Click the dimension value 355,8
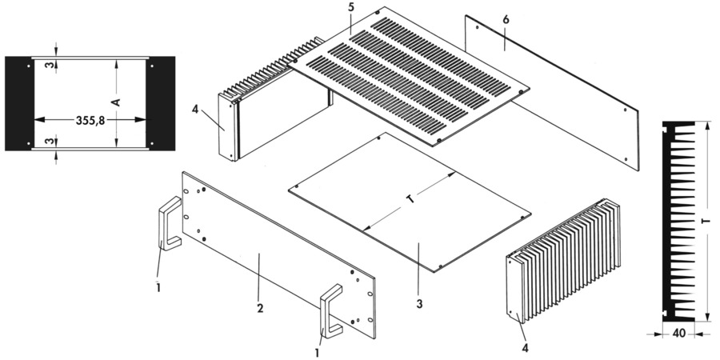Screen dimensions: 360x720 (x=90, y=120)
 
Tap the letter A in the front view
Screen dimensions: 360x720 (x=117, y=102)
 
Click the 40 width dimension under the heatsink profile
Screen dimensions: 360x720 (x=677, y=334)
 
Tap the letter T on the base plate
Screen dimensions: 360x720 (x=410, y=202)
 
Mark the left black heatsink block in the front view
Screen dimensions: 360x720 (x=18, y=103)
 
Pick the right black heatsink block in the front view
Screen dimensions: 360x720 (x=162, y=103)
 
